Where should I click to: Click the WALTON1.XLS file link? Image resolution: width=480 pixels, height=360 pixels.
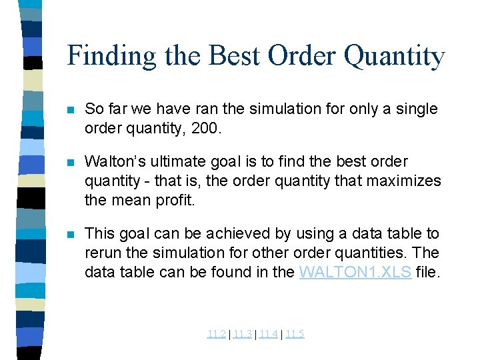[355, 272]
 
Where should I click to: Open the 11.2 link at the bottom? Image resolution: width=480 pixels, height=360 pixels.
[216, 333]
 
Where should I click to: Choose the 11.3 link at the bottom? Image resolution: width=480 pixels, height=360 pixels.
[242, 333]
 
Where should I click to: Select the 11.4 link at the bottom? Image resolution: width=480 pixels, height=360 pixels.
[268, 333]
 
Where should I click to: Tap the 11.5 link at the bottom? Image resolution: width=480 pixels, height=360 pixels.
[295, 333]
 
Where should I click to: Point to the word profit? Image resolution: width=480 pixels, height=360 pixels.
[176, 200]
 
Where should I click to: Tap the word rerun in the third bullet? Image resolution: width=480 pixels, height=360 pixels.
[102, 253]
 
